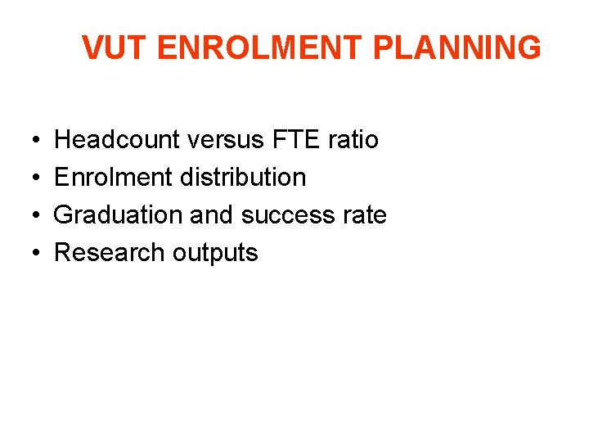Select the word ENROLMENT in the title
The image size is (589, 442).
(260, 48)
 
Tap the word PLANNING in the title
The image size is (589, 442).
(456, 48)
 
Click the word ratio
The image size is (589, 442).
(353, 140)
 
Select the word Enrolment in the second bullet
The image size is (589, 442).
(109, 178)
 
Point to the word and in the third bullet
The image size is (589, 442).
(211, 215)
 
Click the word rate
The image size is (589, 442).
(365, 215)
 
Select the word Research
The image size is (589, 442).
(109, 253)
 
